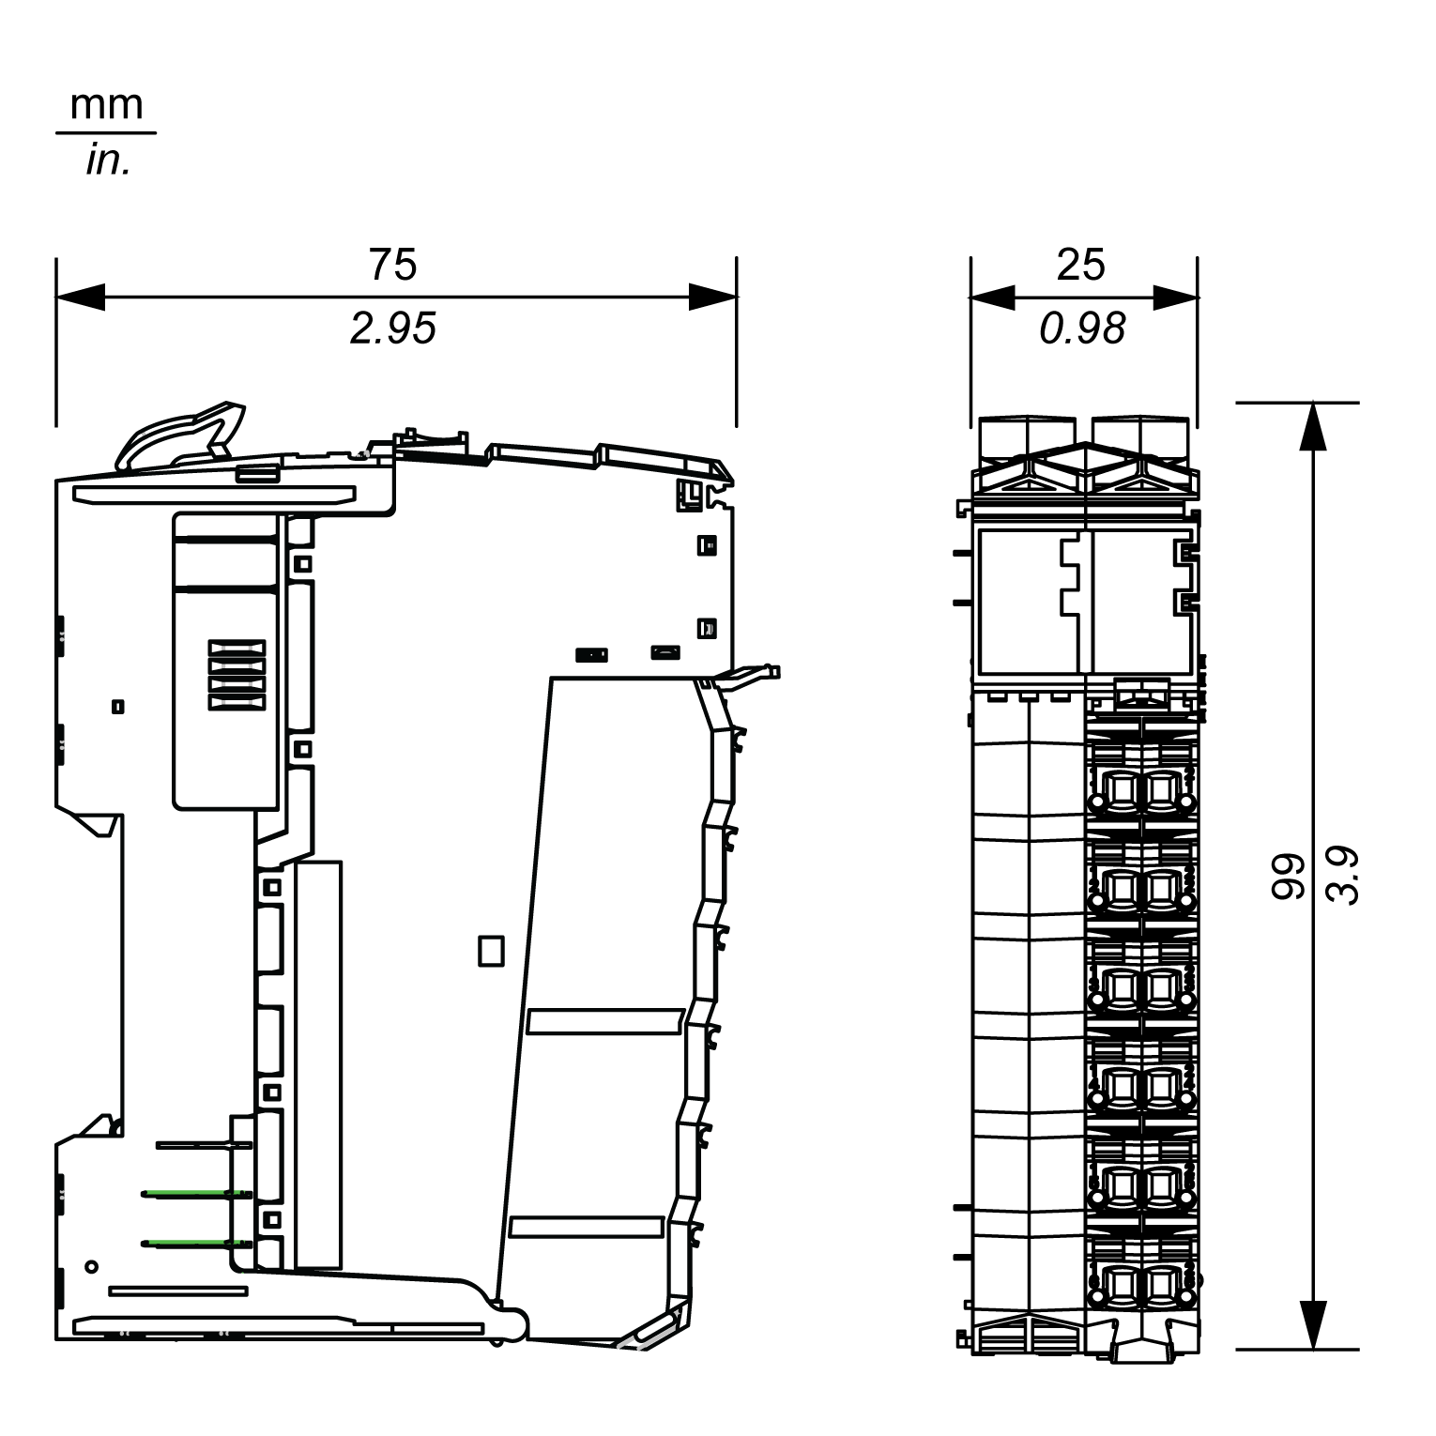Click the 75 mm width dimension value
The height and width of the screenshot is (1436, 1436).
click(392, 265)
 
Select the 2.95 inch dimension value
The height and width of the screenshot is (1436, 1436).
click(392, 328)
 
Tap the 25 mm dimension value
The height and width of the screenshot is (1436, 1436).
click(1080, 265)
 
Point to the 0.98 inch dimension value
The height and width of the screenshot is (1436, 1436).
click(1082, 328)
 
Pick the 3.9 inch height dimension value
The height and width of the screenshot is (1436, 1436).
click(1344, 877)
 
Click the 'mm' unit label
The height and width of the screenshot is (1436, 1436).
click(106, 105)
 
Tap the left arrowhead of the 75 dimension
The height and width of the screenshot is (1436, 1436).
click(81, 298)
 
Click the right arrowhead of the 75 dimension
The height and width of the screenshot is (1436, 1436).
click(712, 298)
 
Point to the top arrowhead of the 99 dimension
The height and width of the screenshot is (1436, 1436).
click(1315, 427)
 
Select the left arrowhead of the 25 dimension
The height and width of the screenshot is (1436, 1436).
click(993, 298)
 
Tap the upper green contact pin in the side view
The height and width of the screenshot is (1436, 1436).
click(196, 1194)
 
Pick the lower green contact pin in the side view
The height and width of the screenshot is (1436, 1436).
click(196, 1244)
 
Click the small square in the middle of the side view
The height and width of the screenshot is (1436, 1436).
click(491, 950)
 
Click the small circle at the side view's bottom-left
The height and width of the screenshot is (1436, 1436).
click(91, 1266)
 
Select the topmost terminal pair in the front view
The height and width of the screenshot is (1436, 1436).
click(1139, 791)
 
